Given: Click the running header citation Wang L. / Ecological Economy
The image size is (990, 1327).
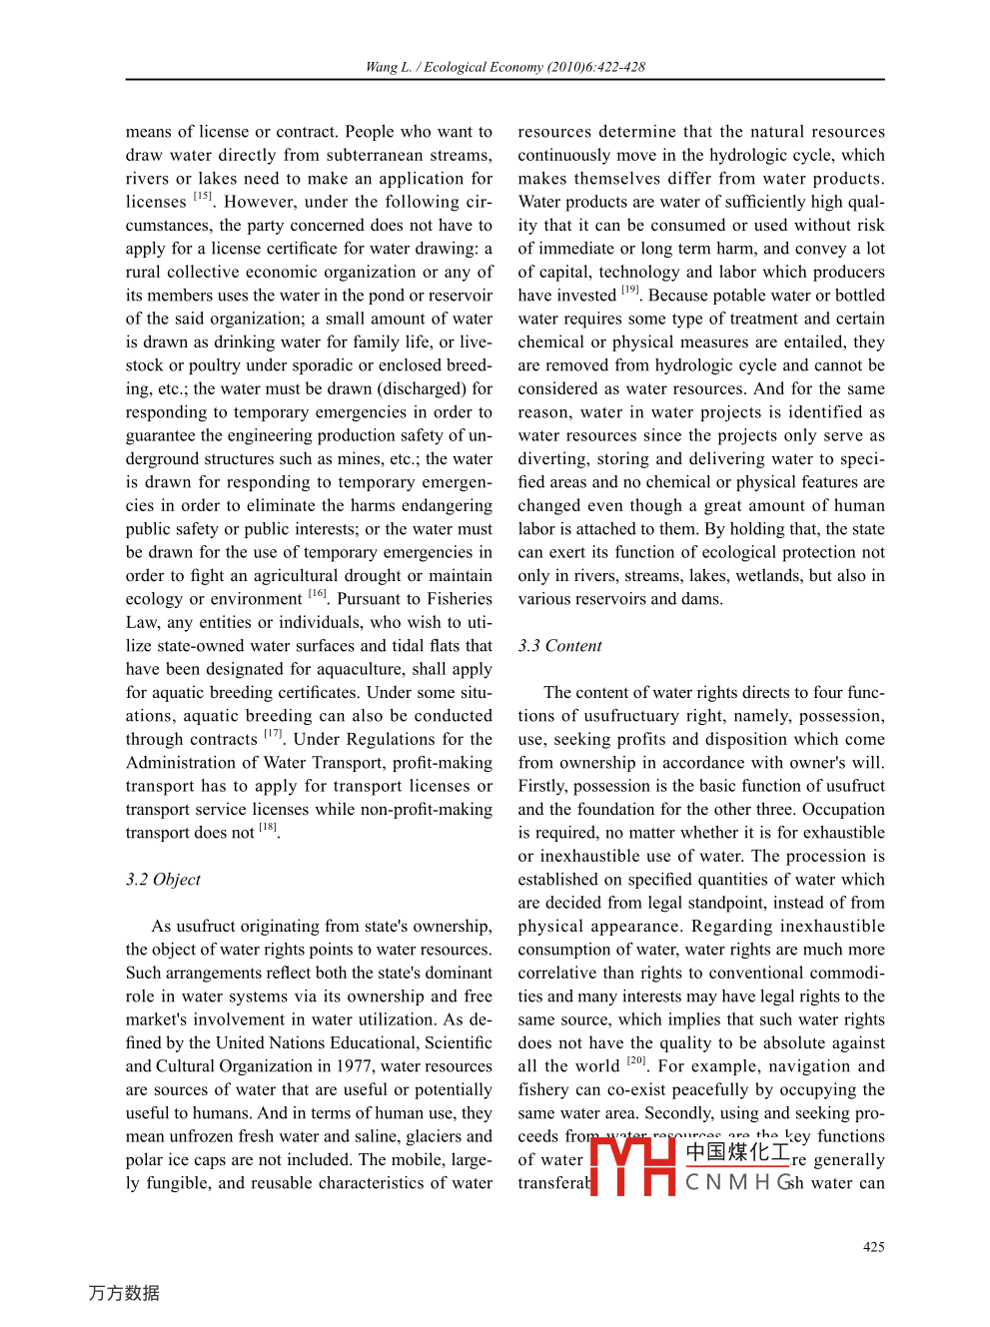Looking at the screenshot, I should [504, 67].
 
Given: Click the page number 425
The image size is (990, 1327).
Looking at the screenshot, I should [873, 1246].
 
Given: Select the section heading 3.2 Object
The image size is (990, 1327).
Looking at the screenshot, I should [163, 879].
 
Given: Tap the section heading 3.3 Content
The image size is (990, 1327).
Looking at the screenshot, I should [559, 645].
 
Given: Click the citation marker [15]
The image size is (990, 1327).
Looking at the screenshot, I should [203, 196].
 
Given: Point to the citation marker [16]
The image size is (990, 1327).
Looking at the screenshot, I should [318, 593].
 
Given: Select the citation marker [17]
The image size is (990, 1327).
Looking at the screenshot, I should [273, 734].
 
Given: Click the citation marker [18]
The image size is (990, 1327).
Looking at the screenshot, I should [268, 827].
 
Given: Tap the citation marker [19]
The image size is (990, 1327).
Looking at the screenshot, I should [629, 290].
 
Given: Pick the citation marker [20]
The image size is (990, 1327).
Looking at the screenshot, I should [636, 1060].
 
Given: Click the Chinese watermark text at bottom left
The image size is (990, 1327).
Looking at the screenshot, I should [124, 1293].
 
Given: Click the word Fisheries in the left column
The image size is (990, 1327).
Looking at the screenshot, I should [459, 598].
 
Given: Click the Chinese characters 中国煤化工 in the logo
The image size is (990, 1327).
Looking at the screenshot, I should [737, 1152].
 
